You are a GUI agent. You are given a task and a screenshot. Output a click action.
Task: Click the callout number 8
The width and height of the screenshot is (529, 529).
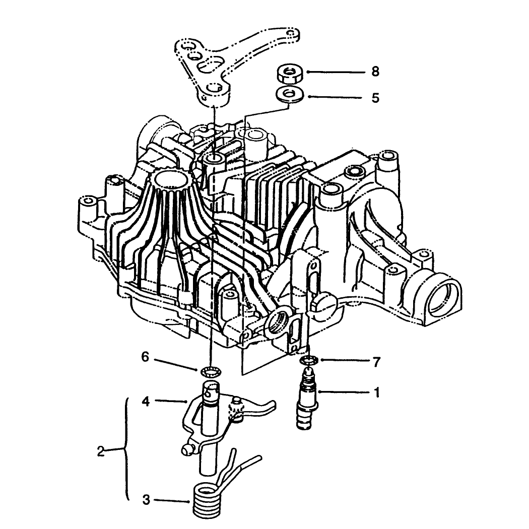tap(375, 72)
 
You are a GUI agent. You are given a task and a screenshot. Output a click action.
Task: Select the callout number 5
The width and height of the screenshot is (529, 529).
tap(375, 98)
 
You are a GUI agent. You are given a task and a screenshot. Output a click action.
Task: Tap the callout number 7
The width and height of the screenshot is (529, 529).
tap(376, 362)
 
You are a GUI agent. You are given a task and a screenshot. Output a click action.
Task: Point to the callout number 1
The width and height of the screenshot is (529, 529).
tap(377, 392)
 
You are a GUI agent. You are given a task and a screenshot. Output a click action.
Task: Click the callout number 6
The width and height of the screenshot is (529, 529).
tap(145, 357)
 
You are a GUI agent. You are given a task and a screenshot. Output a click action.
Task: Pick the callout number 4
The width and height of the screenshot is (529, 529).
tap(146, 402)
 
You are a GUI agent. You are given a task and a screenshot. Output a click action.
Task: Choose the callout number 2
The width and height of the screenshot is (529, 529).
tap(101, 451)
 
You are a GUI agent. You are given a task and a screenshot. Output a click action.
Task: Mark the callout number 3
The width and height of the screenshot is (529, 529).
tap(146, 500)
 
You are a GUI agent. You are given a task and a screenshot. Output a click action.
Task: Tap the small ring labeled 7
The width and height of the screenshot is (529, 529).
tap(309, 361)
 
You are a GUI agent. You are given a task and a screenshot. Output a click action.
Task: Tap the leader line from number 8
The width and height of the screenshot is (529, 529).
tap(336, 72)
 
